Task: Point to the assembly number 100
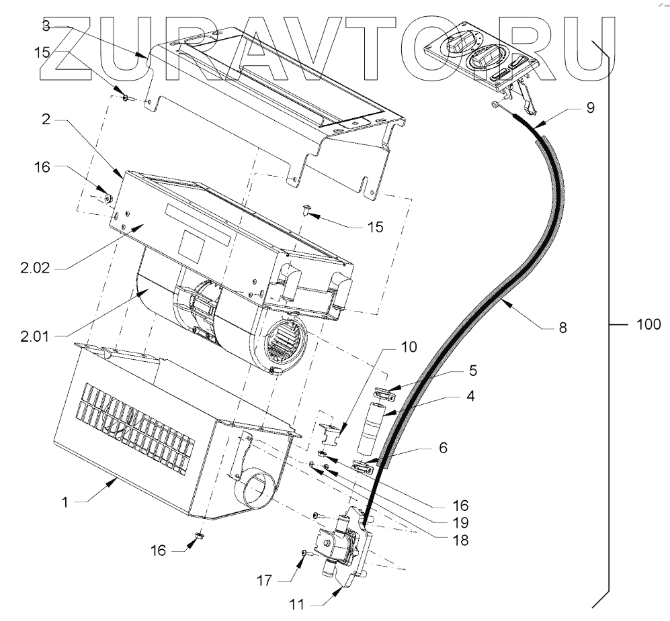pyautogui.click(x=648, y=326)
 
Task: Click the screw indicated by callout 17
pyautogui.click(x=304, y=553)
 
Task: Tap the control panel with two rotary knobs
pyautogui.click(x=480, y=57)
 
